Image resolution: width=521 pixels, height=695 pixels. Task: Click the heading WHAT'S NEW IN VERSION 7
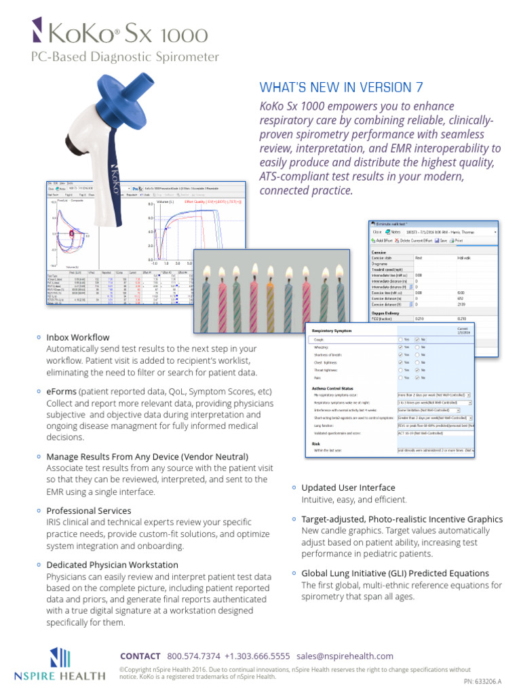(345, 87)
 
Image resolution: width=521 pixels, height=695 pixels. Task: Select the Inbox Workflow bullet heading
(77, 337)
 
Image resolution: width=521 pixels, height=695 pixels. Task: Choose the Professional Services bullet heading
(89, 510)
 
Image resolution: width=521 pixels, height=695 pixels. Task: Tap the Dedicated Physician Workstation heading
(112, 565)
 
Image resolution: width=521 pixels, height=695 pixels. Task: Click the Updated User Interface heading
(348, 487)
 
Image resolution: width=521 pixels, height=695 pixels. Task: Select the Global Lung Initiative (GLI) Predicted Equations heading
(395, 573)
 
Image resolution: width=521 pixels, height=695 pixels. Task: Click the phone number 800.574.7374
(193, 656)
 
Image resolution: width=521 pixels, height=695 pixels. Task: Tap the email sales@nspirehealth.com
(345, 656)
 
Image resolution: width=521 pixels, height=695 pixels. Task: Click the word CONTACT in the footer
(140, 656)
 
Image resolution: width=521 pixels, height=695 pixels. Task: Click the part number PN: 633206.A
(486, 681)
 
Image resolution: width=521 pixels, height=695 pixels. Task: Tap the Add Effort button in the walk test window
(384, 240)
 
